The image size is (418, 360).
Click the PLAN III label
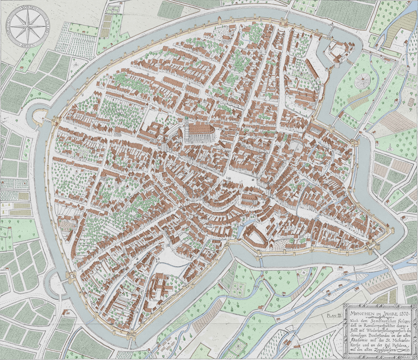(333, 314)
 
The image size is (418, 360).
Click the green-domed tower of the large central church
(186, 122)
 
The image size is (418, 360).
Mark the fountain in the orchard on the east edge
(390, 147)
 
